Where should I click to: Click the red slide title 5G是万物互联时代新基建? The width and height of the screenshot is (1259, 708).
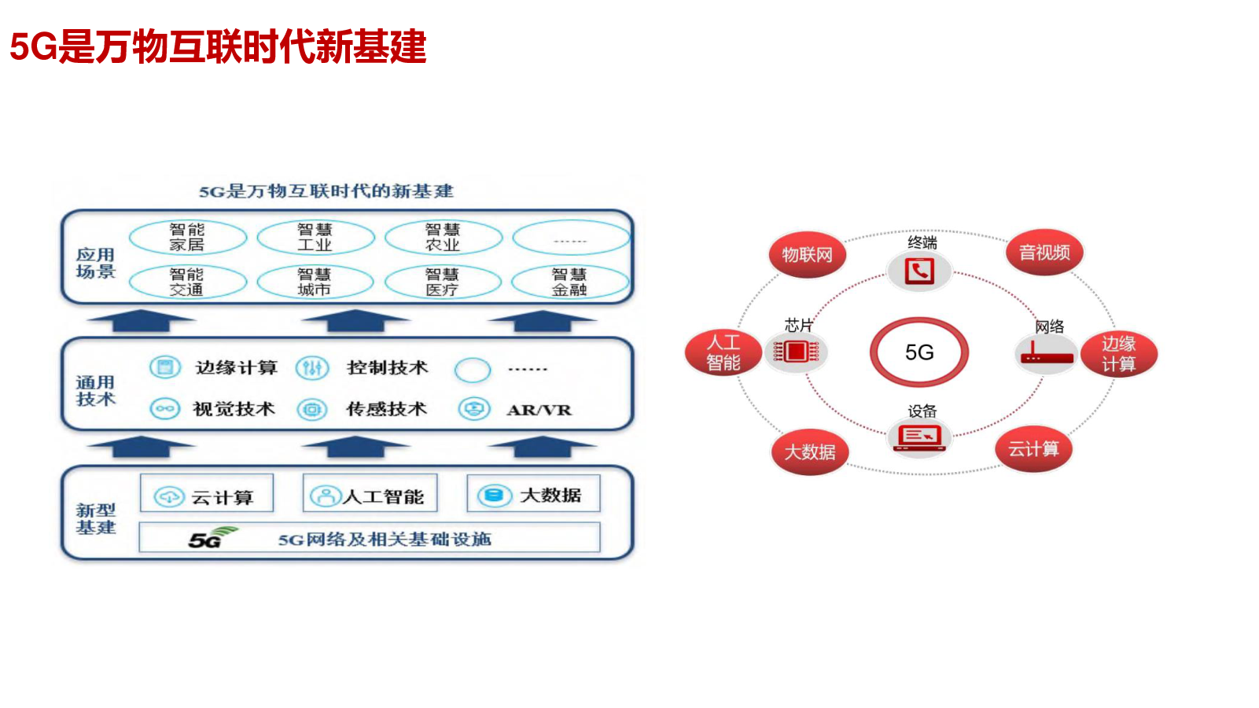(x=218, y=46)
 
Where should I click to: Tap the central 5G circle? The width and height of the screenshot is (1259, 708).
(x=918, y=352)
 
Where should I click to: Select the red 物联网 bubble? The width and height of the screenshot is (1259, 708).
(x=807, y=255)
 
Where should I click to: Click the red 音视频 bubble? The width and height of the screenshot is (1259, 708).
(x=1044, y=253)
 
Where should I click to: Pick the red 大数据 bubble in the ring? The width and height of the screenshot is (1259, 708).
(x=810, y=452)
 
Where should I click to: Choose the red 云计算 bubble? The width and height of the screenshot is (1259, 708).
(x=1033, y=449)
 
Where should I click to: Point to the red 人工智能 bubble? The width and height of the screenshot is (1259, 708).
(x=723, y=352)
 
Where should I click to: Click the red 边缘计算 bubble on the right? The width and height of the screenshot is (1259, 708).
(x=1118, y=354)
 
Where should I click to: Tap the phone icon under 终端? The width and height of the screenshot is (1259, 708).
(x=919, y=271)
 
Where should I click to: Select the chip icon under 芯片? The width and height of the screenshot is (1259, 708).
(x=796, y=352)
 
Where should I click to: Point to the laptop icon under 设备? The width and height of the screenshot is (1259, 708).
(x=919, y=437)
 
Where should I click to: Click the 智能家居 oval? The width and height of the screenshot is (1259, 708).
(x=187, y=238)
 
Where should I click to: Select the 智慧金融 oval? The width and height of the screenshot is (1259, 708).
(x=569, y=282)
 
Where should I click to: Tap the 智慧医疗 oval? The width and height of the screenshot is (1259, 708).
(x=442, y=282)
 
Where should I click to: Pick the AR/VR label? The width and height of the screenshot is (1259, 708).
(x=539, y=410)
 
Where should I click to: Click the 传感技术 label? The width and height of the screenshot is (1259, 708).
(x=386, y=409)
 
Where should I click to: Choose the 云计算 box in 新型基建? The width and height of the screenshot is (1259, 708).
(x=207, y=494)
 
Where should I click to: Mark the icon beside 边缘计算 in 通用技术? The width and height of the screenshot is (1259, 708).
(x=165, y=367)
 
